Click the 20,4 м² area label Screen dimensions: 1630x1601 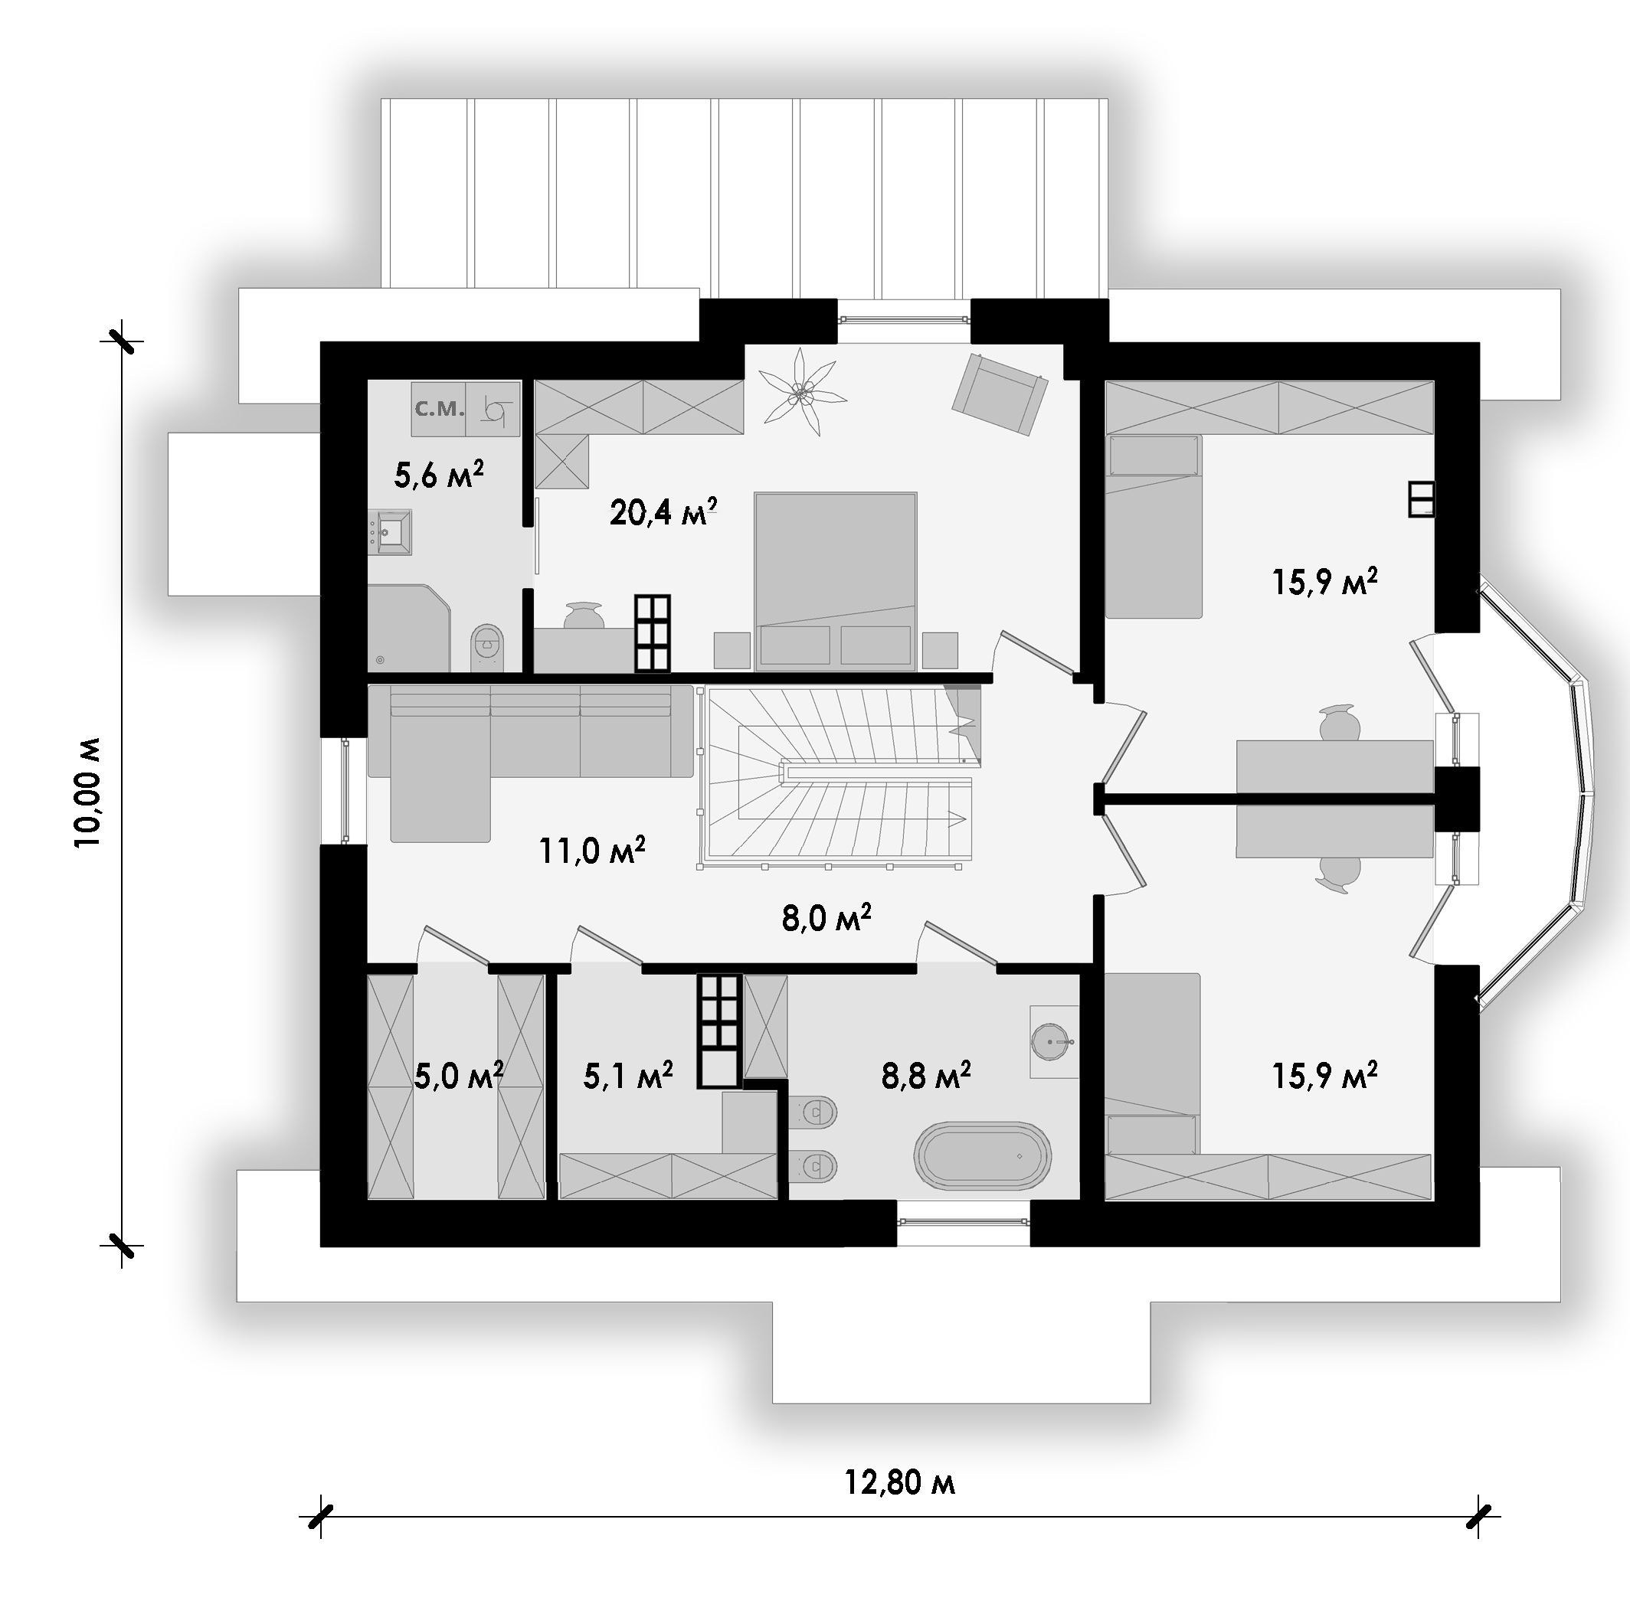(663, 511)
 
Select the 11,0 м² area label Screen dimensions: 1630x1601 (592, 851)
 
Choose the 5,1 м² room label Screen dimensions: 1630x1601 (627, 1075)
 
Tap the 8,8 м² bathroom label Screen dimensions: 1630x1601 (926, 1075)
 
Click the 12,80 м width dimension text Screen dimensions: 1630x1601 (899, 1482)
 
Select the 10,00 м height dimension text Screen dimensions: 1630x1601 (87, 792)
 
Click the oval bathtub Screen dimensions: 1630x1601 (984, 1156)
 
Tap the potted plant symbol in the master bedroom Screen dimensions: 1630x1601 (798, 392)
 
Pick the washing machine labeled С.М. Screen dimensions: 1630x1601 (438, 409)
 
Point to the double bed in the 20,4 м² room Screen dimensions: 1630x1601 (835, 581)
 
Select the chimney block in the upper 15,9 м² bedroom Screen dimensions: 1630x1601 (1422, 498)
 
